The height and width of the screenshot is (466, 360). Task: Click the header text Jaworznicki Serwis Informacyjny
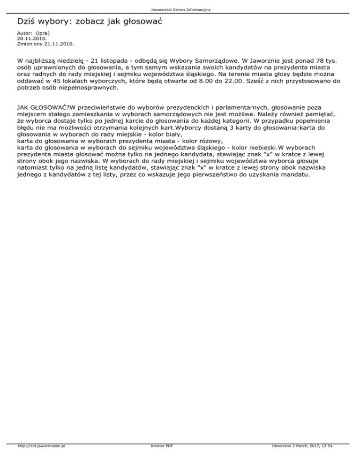180,9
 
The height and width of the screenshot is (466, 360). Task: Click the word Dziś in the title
26,22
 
